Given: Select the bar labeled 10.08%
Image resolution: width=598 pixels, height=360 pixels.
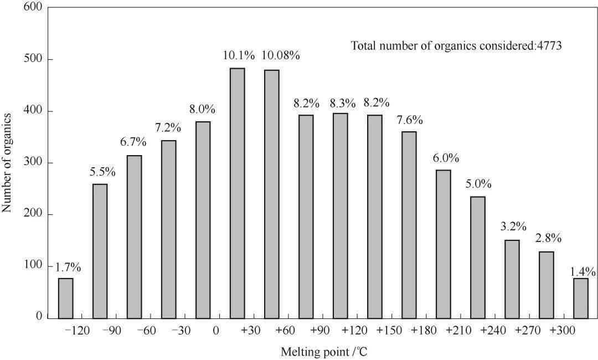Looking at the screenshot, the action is point(271,194).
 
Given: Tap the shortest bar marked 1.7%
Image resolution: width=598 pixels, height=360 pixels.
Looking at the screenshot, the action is point(65,298).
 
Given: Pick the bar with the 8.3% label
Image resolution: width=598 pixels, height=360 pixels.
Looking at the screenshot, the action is point(340,216).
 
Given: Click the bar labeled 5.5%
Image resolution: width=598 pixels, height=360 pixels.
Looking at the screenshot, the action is point(100,251).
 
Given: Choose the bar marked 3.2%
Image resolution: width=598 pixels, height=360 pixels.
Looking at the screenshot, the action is point(512,279).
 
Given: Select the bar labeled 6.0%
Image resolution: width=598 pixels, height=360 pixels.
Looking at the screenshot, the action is point(443,244).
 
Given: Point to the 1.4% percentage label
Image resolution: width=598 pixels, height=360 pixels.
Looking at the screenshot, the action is point(582,271).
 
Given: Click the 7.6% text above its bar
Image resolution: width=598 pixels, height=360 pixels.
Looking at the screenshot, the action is point(410,120).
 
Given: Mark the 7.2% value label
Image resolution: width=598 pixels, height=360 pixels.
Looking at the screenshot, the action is point(168,127).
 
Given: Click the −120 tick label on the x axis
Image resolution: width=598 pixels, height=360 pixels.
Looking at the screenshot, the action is point(77,330).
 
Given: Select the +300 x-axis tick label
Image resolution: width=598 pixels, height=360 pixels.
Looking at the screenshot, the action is point(562,330).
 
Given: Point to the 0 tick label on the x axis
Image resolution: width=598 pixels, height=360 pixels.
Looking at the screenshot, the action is point(216,330).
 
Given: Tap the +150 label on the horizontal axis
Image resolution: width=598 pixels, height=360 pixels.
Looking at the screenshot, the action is point(389,330).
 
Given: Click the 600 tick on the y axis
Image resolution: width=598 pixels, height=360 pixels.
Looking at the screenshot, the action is point(34,7).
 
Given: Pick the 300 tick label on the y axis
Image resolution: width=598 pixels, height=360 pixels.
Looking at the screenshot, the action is point(34,162).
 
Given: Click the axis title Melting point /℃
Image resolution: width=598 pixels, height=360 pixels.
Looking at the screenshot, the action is point(324,352).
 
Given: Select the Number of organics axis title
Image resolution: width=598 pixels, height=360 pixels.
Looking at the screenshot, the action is point(7,163).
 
